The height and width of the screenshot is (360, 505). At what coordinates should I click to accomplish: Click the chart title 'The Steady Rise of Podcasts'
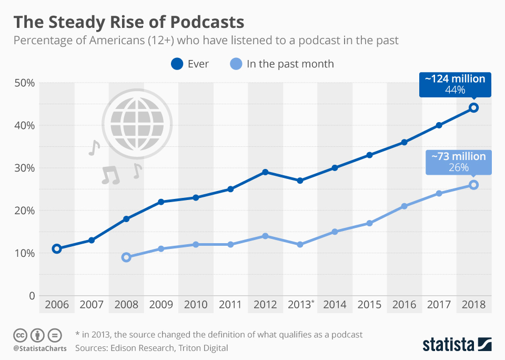click(129, 22)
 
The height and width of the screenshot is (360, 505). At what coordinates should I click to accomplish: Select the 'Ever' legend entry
click(190, 64)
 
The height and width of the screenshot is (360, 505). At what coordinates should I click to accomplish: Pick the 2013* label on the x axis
click(301, 305)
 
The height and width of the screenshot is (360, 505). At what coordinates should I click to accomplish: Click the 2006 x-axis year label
click(56, 305)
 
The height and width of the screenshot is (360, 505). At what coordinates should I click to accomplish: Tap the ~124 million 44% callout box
click(455, 84)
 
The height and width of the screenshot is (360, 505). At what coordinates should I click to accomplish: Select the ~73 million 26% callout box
click(458, 162)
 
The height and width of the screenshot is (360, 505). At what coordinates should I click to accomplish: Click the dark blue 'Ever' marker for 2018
click(473, 107)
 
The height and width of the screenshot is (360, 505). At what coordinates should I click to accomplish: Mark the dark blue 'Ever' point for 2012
click(265, 172)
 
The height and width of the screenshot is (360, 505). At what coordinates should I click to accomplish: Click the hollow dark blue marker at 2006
click(57, 248)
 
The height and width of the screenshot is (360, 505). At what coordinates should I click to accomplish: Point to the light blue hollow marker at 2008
click(126, 257)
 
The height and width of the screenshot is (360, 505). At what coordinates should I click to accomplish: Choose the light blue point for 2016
click(404, 206)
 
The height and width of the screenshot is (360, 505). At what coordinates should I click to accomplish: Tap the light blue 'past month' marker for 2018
click(473, 185)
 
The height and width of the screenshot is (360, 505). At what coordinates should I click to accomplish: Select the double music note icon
click(110, 175)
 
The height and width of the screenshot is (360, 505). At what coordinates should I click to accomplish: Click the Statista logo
click(457, 345)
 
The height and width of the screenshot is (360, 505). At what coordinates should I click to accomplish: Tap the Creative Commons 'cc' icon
click(21, 335)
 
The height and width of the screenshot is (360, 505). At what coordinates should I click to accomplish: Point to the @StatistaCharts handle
click(40, 348)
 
